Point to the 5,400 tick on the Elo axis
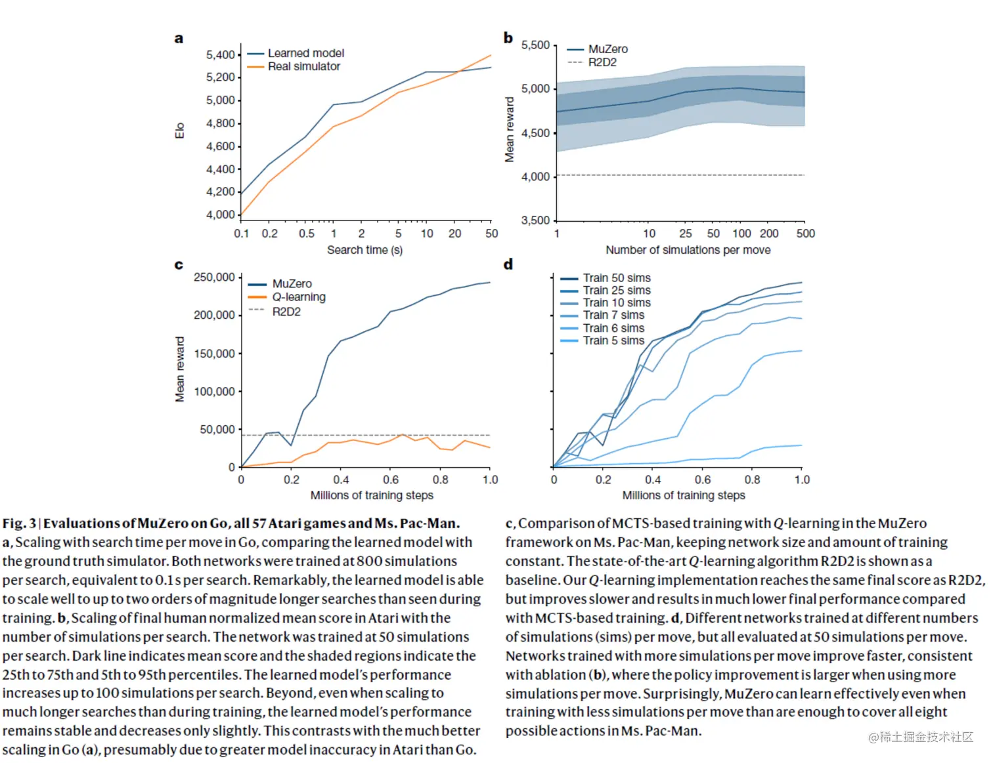tap(221, 55)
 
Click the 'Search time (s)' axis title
tap(364, 250)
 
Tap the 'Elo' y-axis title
tap(180, 131)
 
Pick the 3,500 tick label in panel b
tap(535, 220)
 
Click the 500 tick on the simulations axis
tap(805, 234)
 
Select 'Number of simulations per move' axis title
tap(688, 250)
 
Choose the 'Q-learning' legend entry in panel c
tap(299, 297)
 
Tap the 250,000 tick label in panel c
tap(214, 278)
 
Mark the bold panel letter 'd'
tap(508, 264)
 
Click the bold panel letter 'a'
tap(179, 39)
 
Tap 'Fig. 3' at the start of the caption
tap(19, 524)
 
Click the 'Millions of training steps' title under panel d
tap(683, 495)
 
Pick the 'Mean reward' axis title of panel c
tap(180, 369)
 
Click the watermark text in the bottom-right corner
tap(921, 737)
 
